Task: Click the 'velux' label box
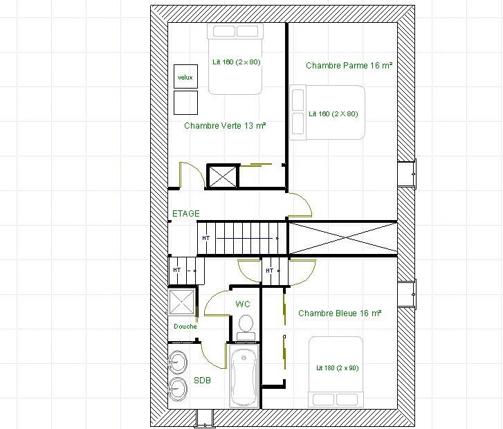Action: pos(185,76)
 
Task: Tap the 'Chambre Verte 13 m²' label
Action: pos(225,125)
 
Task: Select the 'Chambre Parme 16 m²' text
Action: pos(349,66)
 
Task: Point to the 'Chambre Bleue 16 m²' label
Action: pos(340,313)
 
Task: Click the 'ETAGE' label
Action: pos(186,213)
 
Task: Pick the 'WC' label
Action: pos(243,304)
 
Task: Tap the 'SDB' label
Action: pos(203,381)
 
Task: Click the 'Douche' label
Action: pos(185,327)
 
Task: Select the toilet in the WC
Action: pos(246,327)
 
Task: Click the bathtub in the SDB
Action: pos(244,376)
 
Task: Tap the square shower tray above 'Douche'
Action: pos(182,302)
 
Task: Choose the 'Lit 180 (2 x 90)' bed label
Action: pos(338,367)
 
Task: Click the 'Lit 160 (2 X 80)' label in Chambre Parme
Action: pos(333,113)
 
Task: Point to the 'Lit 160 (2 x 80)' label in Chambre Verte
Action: pos(237,62)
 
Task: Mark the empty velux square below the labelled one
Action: pos(185,102)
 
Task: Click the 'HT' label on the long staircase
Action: pos(206,238)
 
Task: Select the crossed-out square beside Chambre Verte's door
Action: pos(223,176)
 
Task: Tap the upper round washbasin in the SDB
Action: pos(177,363)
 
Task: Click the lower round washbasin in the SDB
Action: pos(177,389)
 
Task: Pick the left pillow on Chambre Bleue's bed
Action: pos(323,399)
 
